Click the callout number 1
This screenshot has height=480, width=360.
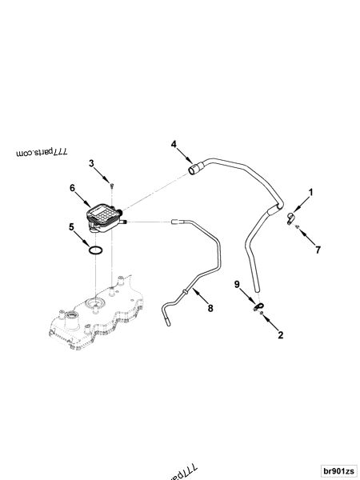point(311,192)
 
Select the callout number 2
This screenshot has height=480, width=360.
point(280,337)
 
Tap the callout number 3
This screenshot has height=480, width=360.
point(92,163)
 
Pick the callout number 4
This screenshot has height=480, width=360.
point(172,144)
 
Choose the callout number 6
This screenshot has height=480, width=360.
point(72,189)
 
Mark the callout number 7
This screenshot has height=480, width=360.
point(318,250)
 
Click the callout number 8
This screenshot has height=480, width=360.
point(210,307)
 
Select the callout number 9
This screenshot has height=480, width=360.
point(237,284)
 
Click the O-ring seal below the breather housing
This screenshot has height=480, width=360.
point(96,250)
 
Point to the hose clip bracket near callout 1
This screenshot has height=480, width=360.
point(290,215)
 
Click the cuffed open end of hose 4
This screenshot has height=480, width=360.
point(194,169)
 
